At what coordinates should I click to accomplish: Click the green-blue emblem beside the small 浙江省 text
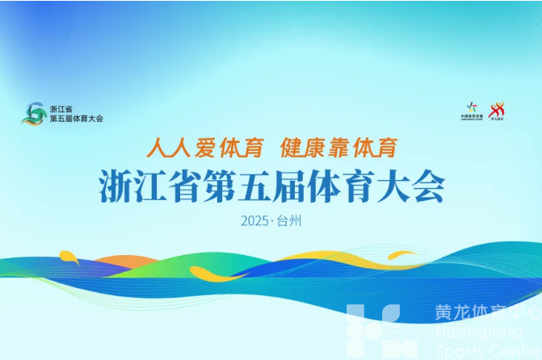point(34,113)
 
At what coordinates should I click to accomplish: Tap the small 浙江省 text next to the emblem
point(61,108)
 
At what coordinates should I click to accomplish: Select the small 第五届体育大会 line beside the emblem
point(77,119)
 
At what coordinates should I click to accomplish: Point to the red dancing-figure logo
point(497,110)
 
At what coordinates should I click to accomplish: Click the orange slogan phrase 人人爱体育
point(206,148)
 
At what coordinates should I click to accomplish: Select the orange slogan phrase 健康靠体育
point(338,148)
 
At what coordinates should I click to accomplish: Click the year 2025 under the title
point(255,220)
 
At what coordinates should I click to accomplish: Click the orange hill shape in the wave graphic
point(121,262)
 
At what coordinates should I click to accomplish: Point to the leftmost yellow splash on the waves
point(69,258)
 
